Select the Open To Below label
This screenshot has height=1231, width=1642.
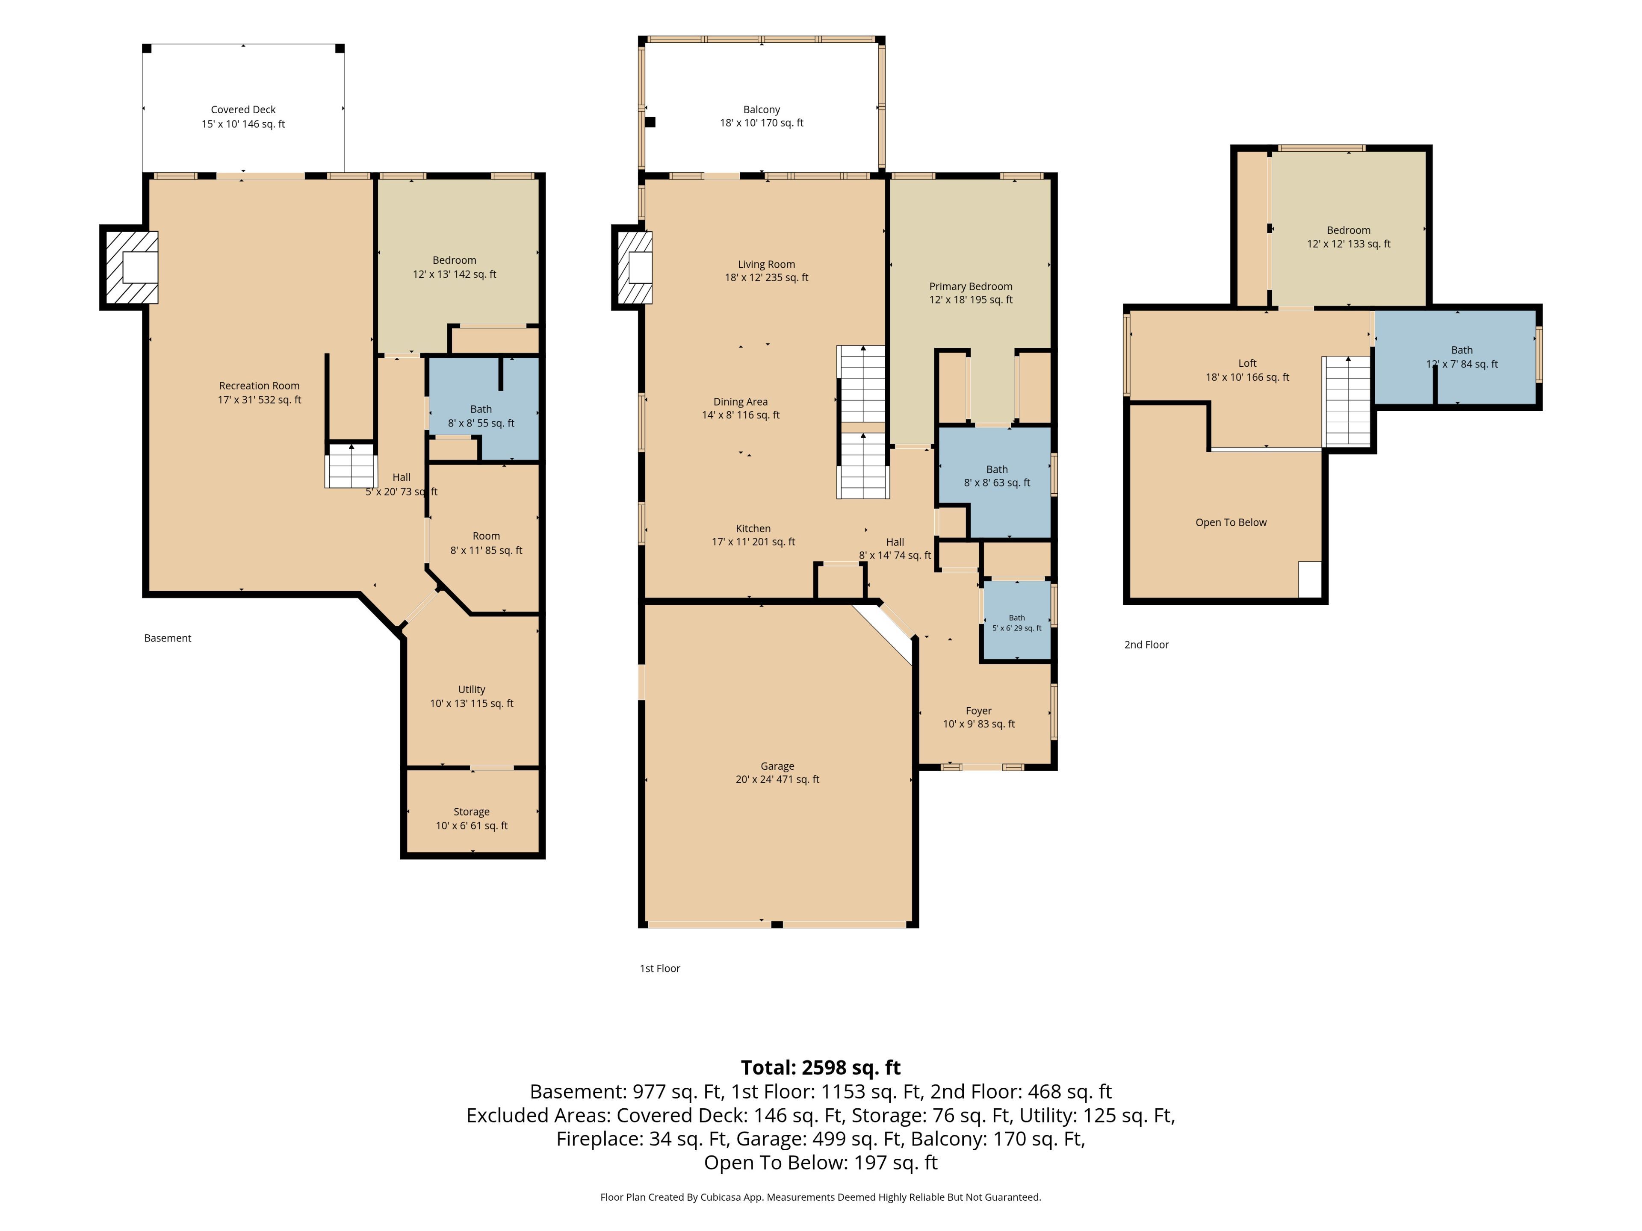pos(1231,522)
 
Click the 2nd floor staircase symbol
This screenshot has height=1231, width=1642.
pos(1347,401)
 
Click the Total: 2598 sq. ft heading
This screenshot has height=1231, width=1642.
pos(820,1067)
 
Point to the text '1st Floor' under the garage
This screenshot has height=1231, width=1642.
pos(660,968)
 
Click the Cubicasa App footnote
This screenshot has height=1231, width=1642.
pos(820,1197)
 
